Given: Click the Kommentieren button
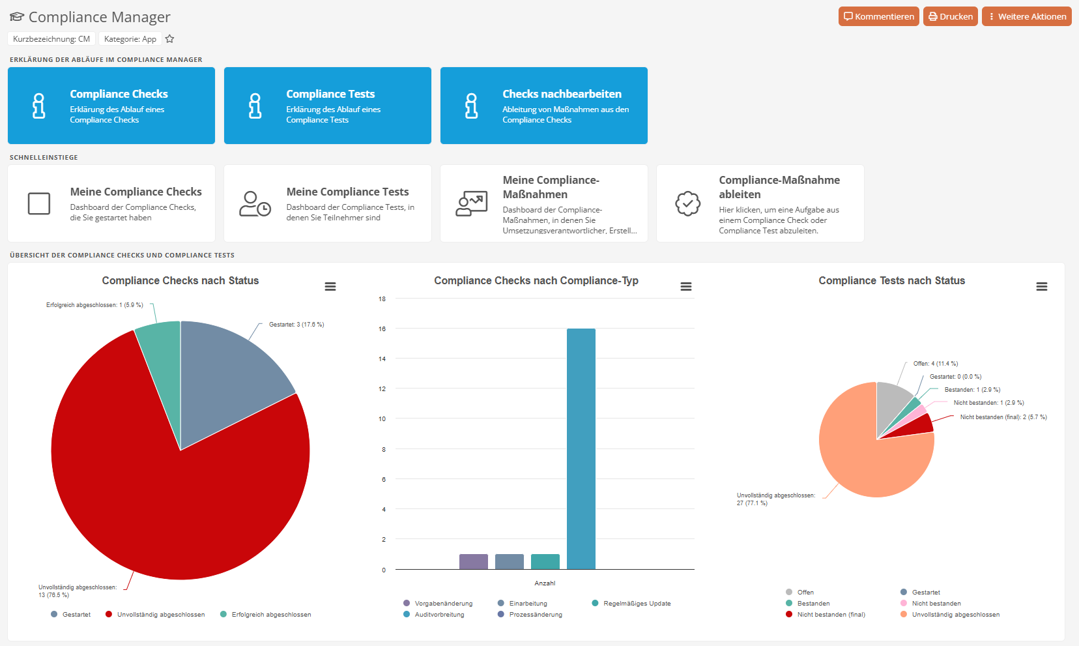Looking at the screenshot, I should (878, 17).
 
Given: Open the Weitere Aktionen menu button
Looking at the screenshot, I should (1026, 17).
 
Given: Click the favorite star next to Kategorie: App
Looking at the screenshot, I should (170, 39).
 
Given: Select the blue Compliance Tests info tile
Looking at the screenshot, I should (327, 106).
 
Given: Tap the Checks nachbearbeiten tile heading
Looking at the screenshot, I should (562, 94).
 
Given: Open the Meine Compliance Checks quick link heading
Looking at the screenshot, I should (136, 192).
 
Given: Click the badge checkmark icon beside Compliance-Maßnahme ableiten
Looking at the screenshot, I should (687, 203).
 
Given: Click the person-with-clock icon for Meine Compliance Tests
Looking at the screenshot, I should (255, 203).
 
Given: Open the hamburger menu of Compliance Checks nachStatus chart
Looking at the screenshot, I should (330, 287).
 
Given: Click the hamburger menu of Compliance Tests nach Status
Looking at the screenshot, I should (1042, 287).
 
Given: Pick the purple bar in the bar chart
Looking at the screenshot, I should (473, 561).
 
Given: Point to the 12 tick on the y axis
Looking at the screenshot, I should (382, 389).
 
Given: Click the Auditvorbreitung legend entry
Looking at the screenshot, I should (439, 615).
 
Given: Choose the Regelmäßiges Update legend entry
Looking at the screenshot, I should (637, 604).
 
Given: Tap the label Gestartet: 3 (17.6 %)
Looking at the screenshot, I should (296, 325).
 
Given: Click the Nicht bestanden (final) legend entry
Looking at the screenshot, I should (831, 615).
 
